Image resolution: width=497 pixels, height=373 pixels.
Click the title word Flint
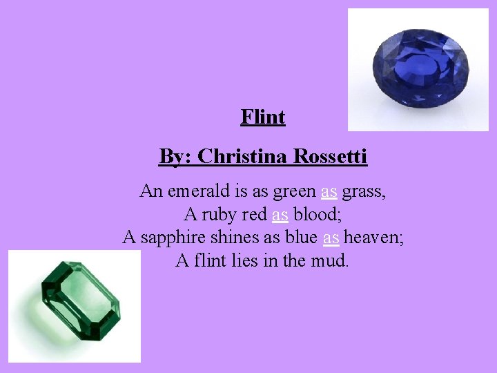coord(263,117)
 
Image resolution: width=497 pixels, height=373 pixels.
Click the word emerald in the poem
coord(201,191)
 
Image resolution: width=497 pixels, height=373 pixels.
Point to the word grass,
coord(364,191)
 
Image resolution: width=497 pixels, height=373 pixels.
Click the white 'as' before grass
coord(329,191)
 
